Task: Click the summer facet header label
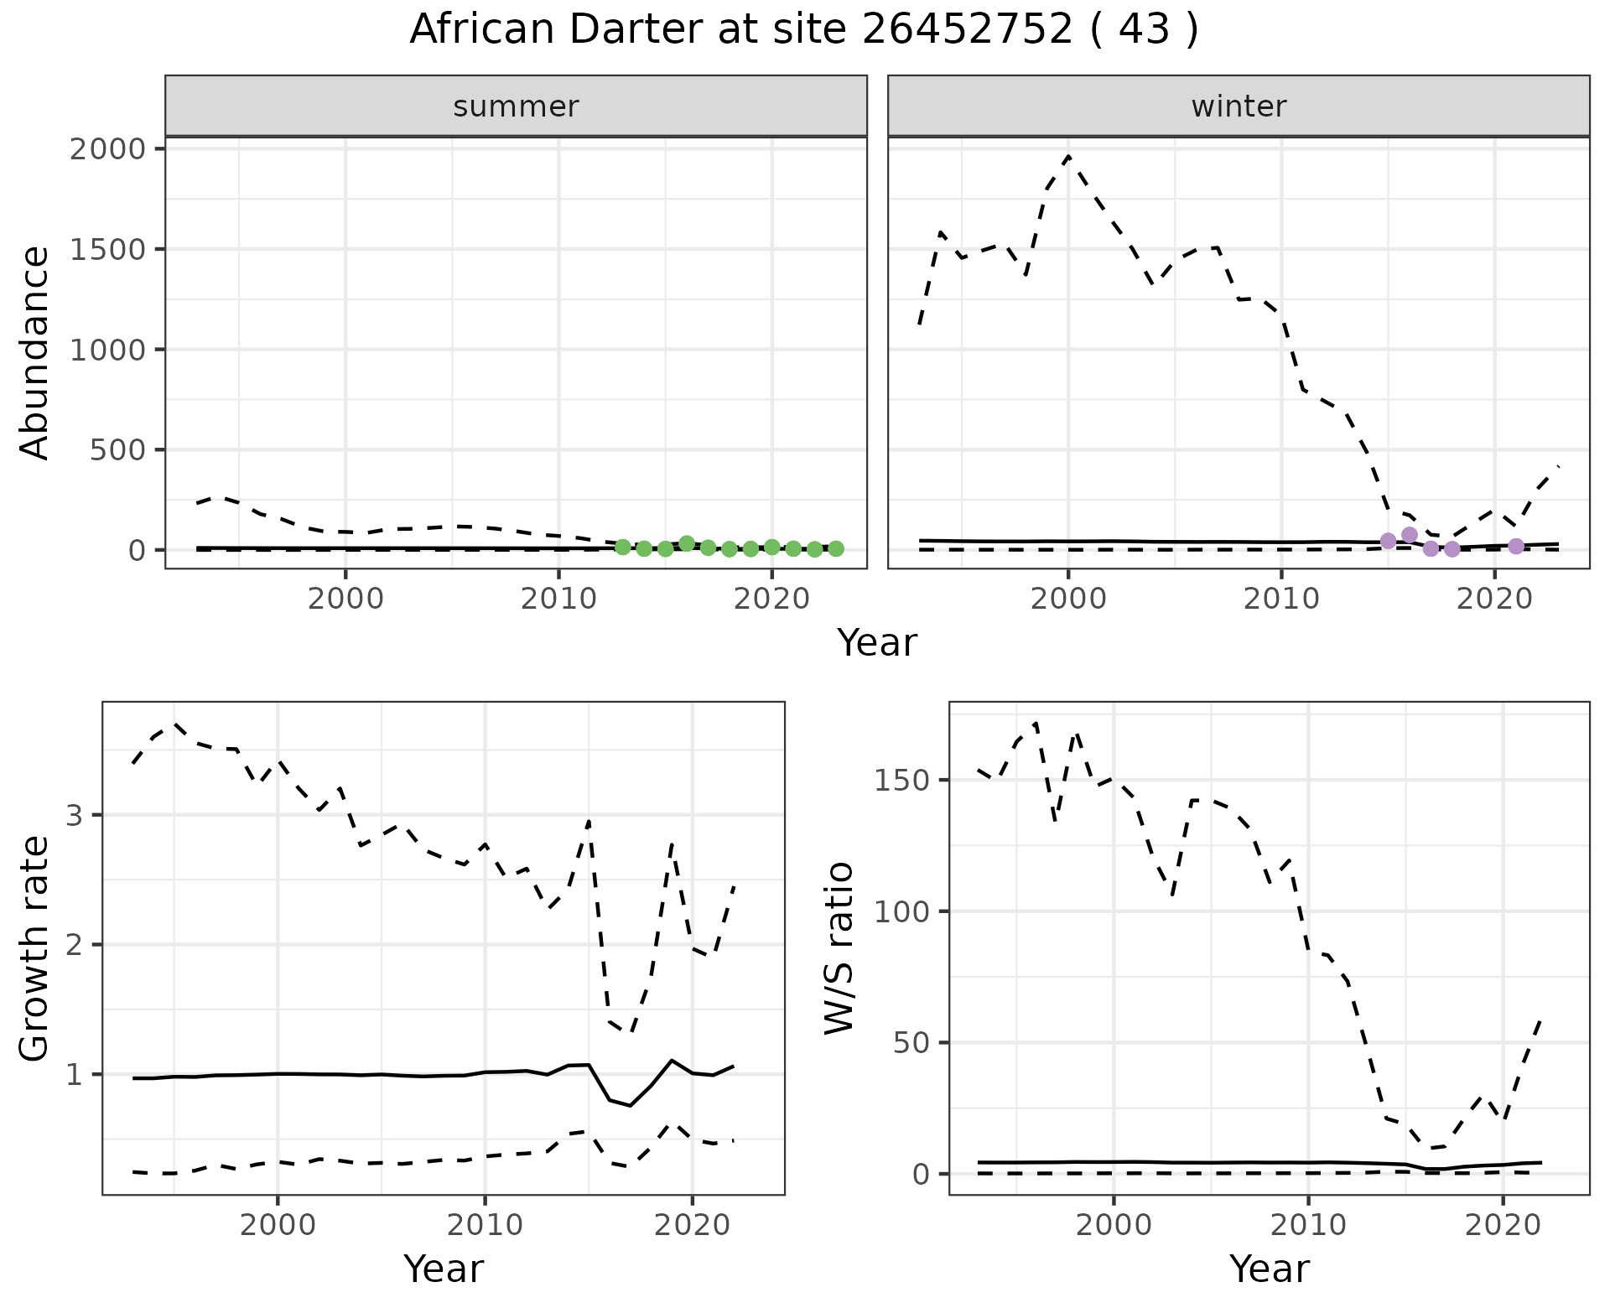click(x=516, y=106)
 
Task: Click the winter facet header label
click(x=1239, y=106)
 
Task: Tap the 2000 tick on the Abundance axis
click(x=106, y=149)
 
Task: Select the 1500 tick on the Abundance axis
click(x=106, y=250)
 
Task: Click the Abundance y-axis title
click(x=35, y=352)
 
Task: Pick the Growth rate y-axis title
click(x=35, y=947)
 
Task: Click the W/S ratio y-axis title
click(x=839, y=947)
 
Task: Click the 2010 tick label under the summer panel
click(x=558, y=599)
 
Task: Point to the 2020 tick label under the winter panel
click(x=1494, y=599)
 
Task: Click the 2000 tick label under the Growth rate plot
click(x=278, y=1225)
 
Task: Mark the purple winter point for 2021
click(x=1516, y=547)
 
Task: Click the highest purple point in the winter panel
click(x=1410, y=535)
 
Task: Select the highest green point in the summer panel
click(x=687, y=543)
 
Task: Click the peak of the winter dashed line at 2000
click(x=1068, y=156)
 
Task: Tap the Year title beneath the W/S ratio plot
click(x=1270, y=1269)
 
